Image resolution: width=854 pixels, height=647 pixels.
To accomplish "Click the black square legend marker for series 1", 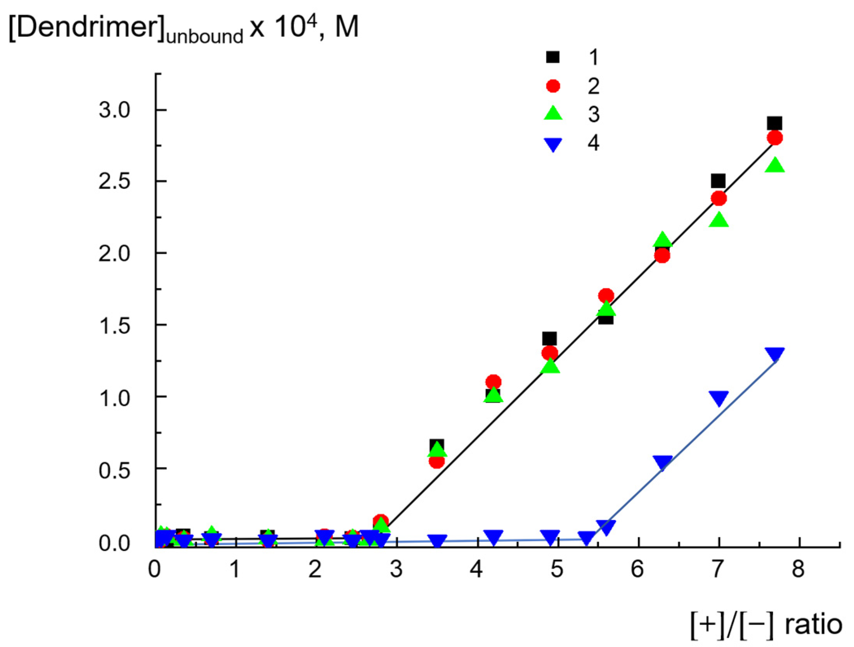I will click(x=553, y=57).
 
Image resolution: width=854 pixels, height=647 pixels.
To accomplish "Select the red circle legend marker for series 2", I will click(x=553, y=86).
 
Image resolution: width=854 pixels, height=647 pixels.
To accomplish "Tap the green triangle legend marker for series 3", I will click(x=553, y=114).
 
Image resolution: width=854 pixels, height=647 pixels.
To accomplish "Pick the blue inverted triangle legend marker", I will click(x=553, y=144).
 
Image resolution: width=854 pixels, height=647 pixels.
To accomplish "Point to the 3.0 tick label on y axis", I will click(x=114, y=110).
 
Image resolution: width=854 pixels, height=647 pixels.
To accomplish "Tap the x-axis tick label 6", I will click(x=637, y=569).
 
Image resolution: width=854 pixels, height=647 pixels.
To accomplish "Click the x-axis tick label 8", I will click(x=798, y=569).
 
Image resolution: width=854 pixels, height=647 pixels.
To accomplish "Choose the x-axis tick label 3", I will click(x=396, y=569).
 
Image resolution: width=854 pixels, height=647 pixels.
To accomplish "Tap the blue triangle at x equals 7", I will click(x=719, y=398).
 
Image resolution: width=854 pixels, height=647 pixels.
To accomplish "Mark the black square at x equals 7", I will click(x=718, y=181).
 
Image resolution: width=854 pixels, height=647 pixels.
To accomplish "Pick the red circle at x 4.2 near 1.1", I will click(x=493, y=382).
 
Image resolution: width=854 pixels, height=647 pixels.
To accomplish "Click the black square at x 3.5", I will click(x=437, y=445).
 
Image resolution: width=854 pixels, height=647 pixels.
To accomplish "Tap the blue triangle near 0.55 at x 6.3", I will click(x=662, y=462).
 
